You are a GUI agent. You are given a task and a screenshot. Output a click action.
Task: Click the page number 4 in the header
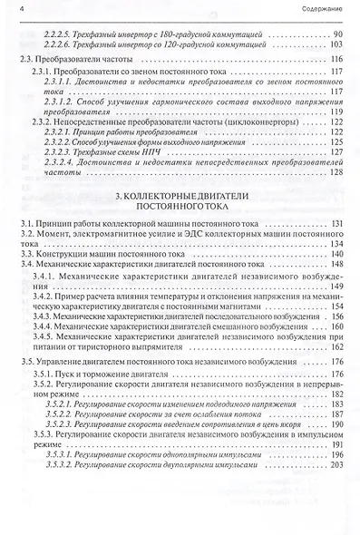[x=20, y=9]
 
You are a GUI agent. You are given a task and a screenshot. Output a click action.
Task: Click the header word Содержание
[x=320, y=9]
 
